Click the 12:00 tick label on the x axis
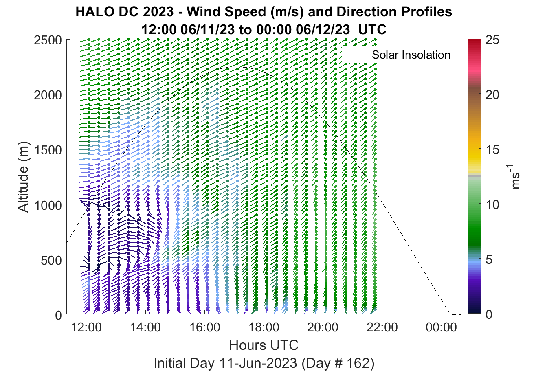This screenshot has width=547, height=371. click(86, 327)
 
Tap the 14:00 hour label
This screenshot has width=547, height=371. click(145, 327)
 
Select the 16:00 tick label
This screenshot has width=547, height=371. click(205, 327)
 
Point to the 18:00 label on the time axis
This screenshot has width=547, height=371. click(264, 327)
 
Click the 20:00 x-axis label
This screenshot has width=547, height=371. click(323, 327)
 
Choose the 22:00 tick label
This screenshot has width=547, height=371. click(382, 327)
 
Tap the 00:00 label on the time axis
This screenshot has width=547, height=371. click(441, 327)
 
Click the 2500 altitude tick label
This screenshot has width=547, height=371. click(48, 40)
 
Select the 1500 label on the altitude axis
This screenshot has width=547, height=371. click(48, 150)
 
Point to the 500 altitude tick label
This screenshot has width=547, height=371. click(51, 260)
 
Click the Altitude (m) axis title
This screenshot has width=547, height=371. click(23, 177)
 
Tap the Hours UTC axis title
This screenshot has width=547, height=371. click(264, 345)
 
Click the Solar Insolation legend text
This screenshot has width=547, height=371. click(411, 55)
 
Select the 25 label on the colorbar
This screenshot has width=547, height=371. click(492, 40)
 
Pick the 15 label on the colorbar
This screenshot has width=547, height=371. click(492, 149)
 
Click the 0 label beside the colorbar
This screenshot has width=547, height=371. click(489, 314)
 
